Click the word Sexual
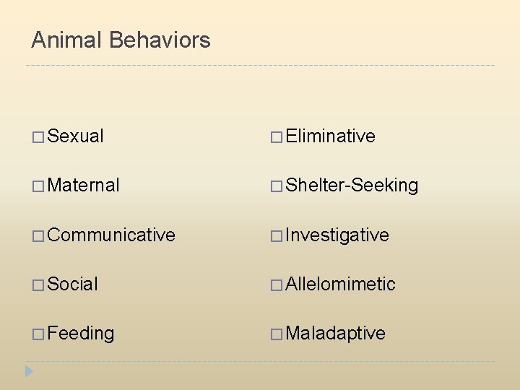pyautogui.click(x=76, y=136)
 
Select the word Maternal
pyautogui.click(x=84, y=185)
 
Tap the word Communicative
pyautogui.click(x=111, y=235)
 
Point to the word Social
pyautogui.click(x=73, y=284)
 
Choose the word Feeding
pyautogui.click(x=81, y=334)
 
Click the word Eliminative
pyautogui.click(x=331, y=136)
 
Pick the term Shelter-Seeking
pyautogui.click(x=352, y=185)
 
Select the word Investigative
pyautogui.click(x=337, y=235)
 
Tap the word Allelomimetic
pyautogui.click(x=341, y=284)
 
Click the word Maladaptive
pyautogui.click(x=336, y=333)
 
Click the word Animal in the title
pyautogui.click(x=67, y=40)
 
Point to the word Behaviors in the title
pyautogui.click(x=160, y=40)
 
